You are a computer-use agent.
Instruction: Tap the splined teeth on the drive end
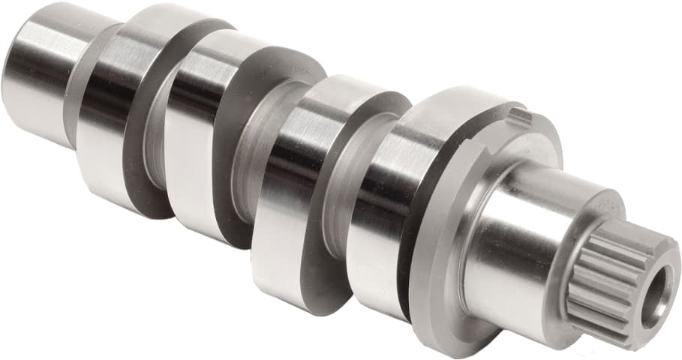point(600,292)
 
